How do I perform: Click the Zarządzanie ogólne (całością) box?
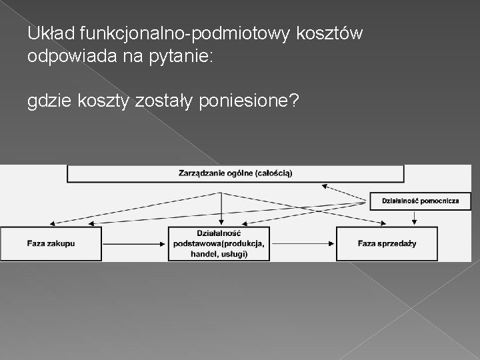point(235,173)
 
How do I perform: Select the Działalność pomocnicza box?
point(420,201)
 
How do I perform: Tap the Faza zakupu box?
point(51,243)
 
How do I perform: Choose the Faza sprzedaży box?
point(387,243)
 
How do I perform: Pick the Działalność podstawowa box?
point(219,243)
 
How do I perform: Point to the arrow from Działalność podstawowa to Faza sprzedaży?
point(303,243)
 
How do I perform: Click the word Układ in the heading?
point(51,33)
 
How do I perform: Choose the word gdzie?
point(49,102)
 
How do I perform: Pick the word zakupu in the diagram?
point(62,243)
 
